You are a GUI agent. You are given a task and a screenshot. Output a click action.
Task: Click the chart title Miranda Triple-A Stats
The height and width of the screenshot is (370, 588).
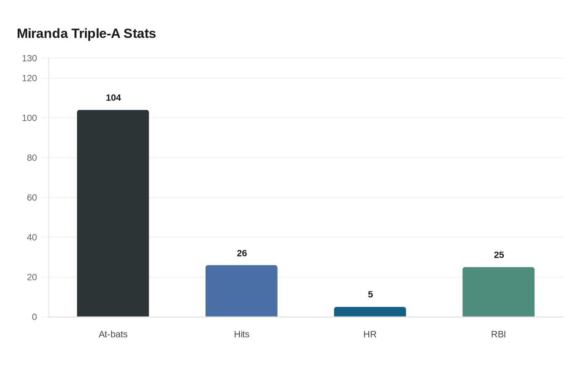(87, 34)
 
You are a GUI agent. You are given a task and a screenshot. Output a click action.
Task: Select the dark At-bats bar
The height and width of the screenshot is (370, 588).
(113, 214)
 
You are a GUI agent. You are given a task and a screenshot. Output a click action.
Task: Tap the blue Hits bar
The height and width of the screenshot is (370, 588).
(241, 291)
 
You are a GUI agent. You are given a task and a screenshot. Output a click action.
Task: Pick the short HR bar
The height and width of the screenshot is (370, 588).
(370, 312)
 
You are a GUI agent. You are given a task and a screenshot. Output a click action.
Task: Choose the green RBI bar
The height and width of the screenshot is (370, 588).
(499, 292)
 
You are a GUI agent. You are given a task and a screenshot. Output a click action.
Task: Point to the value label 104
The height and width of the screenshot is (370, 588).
(113, 98)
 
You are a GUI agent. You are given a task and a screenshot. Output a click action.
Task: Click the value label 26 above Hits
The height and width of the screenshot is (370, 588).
(242, 253)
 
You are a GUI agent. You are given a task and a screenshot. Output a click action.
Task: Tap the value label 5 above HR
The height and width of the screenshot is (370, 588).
(370, 294)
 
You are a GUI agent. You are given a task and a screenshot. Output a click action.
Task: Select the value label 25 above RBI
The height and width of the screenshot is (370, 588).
(499, 255)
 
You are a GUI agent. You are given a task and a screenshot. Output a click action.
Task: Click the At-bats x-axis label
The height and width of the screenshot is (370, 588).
(113, 334)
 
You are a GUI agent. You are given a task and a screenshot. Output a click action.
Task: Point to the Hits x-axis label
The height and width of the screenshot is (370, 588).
(241, 334)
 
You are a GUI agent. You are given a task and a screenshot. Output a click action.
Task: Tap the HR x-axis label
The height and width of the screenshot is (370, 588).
(370, 334)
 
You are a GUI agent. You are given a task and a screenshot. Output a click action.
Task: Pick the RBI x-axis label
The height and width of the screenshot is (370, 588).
(499, 334)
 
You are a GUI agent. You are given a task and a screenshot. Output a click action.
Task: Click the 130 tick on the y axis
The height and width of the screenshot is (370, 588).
(29, 58)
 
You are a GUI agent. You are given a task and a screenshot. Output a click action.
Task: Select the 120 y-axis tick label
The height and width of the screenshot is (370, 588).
(29, 78)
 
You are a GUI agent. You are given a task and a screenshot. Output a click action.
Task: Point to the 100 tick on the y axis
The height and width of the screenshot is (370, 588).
(29, 118)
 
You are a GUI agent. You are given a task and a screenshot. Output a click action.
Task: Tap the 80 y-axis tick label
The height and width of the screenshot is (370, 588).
(32, 158)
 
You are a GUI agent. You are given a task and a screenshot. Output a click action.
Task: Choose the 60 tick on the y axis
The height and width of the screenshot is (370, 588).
(32, 198)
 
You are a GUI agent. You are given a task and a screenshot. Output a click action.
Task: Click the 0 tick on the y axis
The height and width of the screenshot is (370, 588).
(34, 317)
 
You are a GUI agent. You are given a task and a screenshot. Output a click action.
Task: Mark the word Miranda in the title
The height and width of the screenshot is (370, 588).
(42, 34)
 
